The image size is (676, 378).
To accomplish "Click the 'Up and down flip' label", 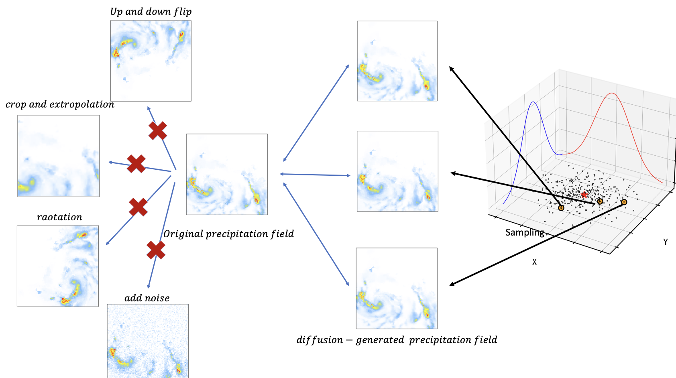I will (x=151, y=12).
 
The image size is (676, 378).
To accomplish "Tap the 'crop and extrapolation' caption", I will (x=60, y=105).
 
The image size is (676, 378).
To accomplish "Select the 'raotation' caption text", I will (x=59, y=217).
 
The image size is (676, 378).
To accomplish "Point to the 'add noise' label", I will (x=147, y=298).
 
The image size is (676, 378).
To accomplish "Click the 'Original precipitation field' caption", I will (x=228, y=234).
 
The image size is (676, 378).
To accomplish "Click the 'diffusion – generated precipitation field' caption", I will (x=397, y=340).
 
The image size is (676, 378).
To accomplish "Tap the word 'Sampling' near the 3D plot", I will (x=525, y=233).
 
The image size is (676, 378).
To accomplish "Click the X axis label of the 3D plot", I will (x=534, y=262).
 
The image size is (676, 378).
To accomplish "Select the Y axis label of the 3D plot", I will (x=665, y=242).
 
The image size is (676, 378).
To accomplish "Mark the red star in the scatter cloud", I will (x=584, y=195).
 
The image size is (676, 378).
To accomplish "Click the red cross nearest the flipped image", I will (x=158, y=131).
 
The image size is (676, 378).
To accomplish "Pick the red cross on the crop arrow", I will (x=136, y=164).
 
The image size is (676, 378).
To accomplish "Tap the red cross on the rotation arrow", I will (x=138, y=207).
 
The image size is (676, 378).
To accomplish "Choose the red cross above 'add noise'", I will (x=156, y=250).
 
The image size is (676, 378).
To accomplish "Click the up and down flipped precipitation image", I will (x=151, y=61).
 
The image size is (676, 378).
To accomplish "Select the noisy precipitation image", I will (x=148, y=341).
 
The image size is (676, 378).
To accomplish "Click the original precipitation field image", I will (x=227, y=174).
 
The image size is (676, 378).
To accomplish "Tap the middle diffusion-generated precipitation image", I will (x=397, y=171).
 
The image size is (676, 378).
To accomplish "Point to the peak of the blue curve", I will (x=533, y=102).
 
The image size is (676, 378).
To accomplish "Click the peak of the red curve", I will (x=612, y=93).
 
